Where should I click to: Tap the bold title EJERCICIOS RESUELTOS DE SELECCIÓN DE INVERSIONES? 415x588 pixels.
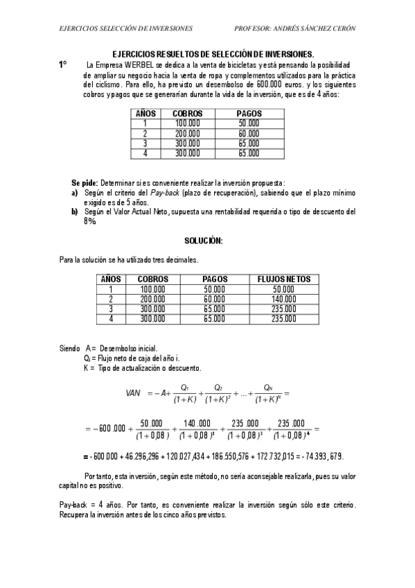(x=213, y=54)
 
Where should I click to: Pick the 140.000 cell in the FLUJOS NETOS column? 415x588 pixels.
(x=283, y=299)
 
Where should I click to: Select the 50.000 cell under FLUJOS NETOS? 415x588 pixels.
(x=283, y=289)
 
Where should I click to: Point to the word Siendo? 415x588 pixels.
(x=70, y=347)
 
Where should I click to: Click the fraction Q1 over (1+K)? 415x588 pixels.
(x=184, y=393)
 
